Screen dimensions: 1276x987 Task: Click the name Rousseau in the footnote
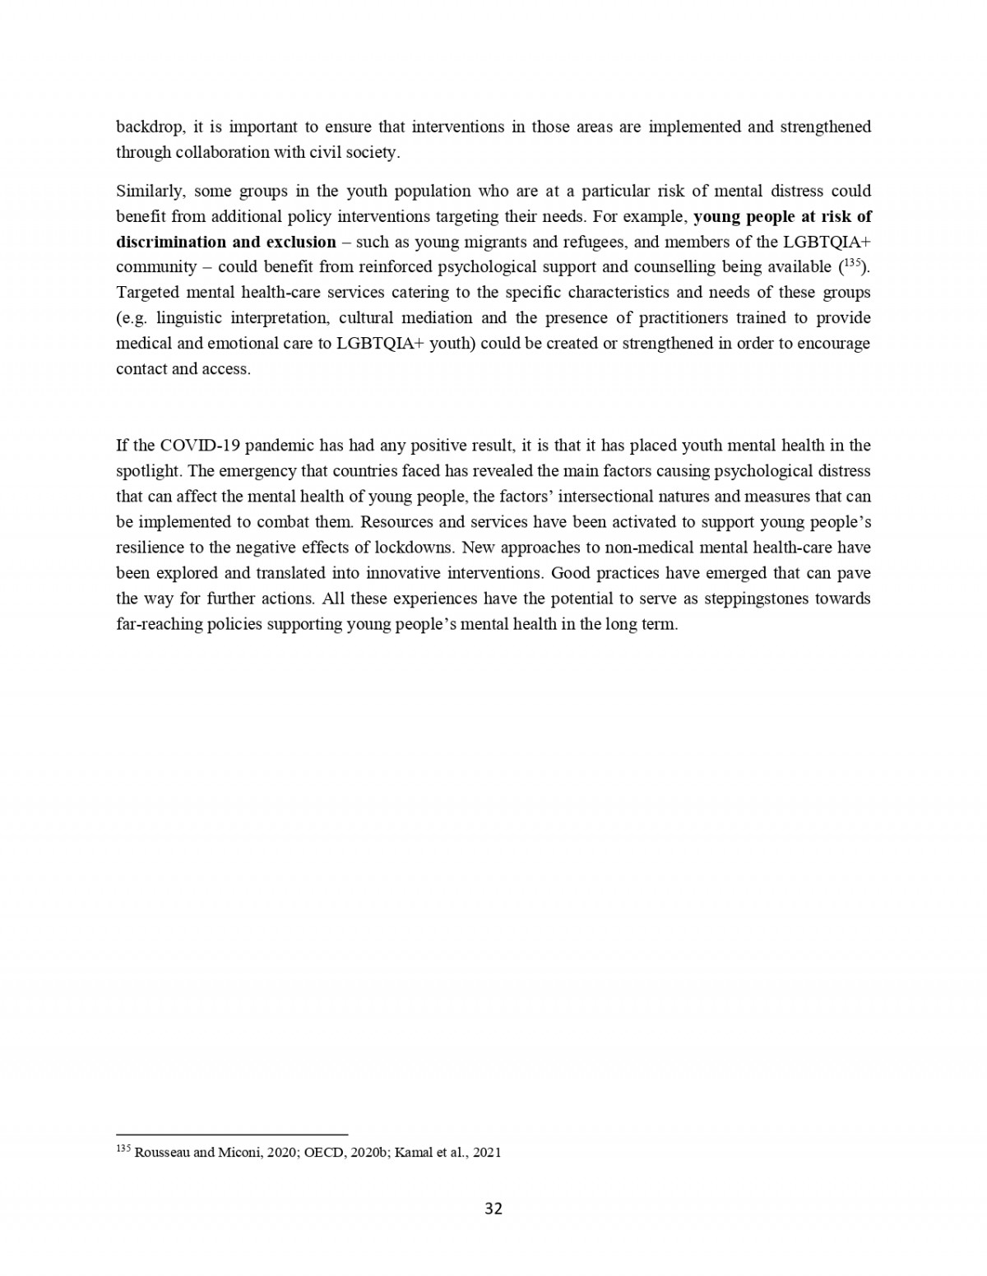(x=161, y=1153)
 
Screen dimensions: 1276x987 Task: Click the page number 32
(x=493, y=1209)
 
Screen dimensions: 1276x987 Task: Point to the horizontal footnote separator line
(x=232, y=1135)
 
